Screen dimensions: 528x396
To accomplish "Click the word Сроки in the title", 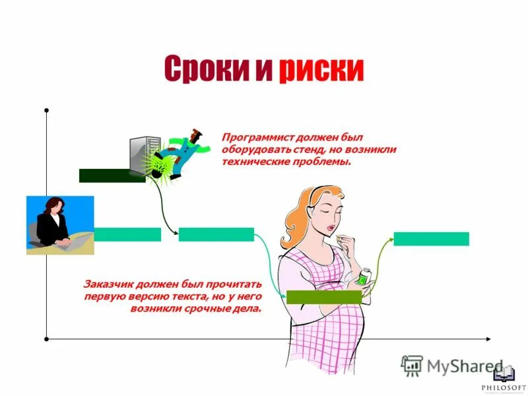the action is [205, 69].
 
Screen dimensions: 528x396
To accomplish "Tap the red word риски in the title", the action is [321, 69].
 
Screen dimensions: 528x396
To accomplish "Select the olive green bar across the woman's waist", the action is [323, 297].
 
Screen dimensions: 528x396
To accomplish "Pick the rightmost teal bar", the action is [431, 239].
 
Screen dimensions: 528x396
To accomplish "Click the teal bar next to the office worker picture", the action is [127, 234].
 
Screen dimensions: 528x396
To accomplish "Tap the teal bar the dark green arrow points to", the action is [216, 234].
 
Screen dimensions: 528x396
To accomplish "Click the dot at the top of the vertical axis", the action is [46, 110].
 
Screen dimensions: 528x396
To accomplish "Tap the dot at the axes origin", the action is [46, 339].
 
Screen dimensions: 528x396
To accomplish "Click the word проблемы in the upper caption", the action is [325, 161].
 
